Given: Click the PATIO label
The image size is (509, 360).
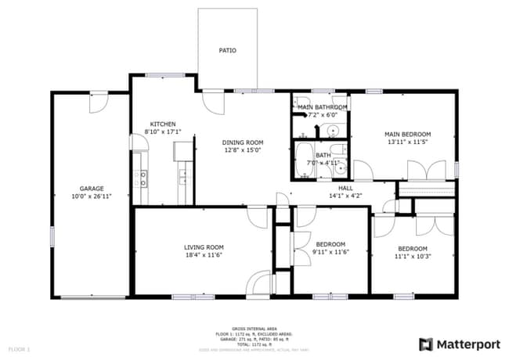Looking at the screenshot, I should pos(227,51).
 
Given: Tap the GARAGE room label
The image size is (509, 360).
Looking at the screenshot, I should pos(92,189).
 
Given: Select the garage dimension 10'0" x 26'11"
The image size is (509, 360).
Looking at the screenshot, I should pos(92,197).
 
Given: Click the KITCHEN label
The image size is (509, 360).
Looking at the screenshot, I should pos(163,124).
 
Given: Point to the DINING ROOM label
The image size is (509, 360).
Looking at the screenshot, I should pos(242,141).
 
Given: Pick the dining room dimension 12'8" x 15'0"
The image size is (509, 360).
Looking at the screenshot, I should pos(242,149).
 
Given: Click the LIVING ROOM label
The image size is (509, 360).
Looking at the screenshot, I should pos(204,247).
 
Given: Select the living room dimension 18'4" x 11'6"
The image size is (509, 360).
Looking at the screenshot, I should pos(204,255).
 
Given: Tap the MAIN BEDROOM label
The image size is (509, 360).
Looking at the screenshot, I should pos(407,134).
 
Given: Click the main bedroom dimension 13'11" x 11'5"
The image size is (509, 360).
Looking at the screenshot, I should pos(407,142).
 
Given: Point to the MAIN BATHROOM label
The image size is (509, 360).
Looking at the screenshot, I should pos(322,106).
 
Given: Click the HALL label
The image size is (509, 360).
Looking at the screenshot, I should pos(345,188).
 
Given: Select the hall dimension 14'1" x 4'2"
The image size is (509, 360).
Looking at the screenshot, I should pos(345,196).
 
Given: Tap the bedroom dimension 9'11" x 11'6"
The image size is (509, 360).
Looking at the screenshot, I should pos(330,252).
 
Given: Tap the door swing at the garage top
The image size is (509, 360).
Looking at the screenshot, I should pos(99,101).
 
